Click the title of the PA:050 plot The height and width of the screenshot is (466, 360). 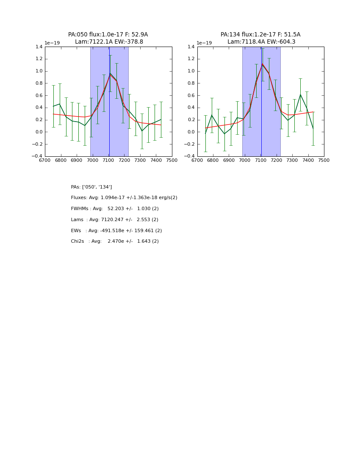pos(108,38)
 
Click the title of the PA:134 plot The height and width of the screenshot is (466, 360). pos(260,38)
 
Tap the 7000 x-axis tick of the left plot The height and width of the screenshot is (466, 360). pos(92,161)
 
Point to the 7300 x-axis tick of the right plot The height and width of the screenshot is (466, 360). pos(292,161)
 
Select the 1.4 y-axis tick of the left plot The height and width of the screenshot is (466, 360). pos(39,47)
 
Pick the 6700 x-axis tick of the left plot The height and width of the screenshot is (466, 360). pos(45,161)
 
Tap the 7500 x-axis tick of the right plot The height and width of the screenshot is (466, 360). pos(324,161)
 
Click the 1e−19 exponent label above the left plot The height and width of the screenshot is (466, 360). pos(52,43)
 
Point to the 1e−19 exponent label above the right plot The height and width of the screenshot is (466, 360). pos(204,43)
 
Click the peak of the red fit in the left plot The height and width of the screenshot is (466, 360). pos(110,75)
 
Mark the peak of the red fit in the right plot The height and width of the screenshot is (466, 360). pos(262,64)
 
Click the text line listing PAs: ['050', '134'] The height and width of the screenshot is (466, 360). pos(91,187)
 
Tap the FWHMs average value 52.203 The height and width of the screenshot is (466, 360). pos(116,209)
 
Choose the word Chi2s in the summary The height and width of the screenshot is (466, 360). pos(77,241)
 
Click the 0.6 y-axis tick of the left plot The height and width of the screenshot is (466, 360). pos(39,96)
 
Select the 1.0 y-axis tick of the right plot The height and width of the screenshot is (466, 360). pos(191,71)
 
